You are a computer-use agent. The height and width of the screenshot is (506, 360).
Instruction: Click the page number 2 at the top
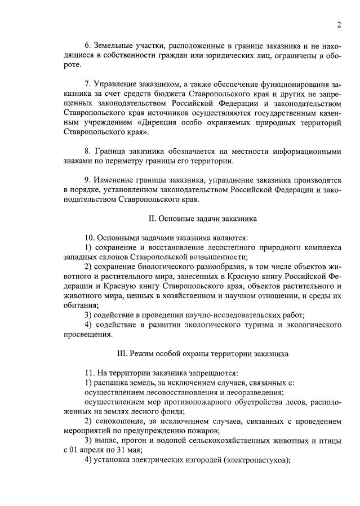(x=339, y=24)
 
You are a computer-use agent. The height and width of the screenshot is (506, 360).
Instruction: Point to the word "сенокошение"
(x=119, y=421)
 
